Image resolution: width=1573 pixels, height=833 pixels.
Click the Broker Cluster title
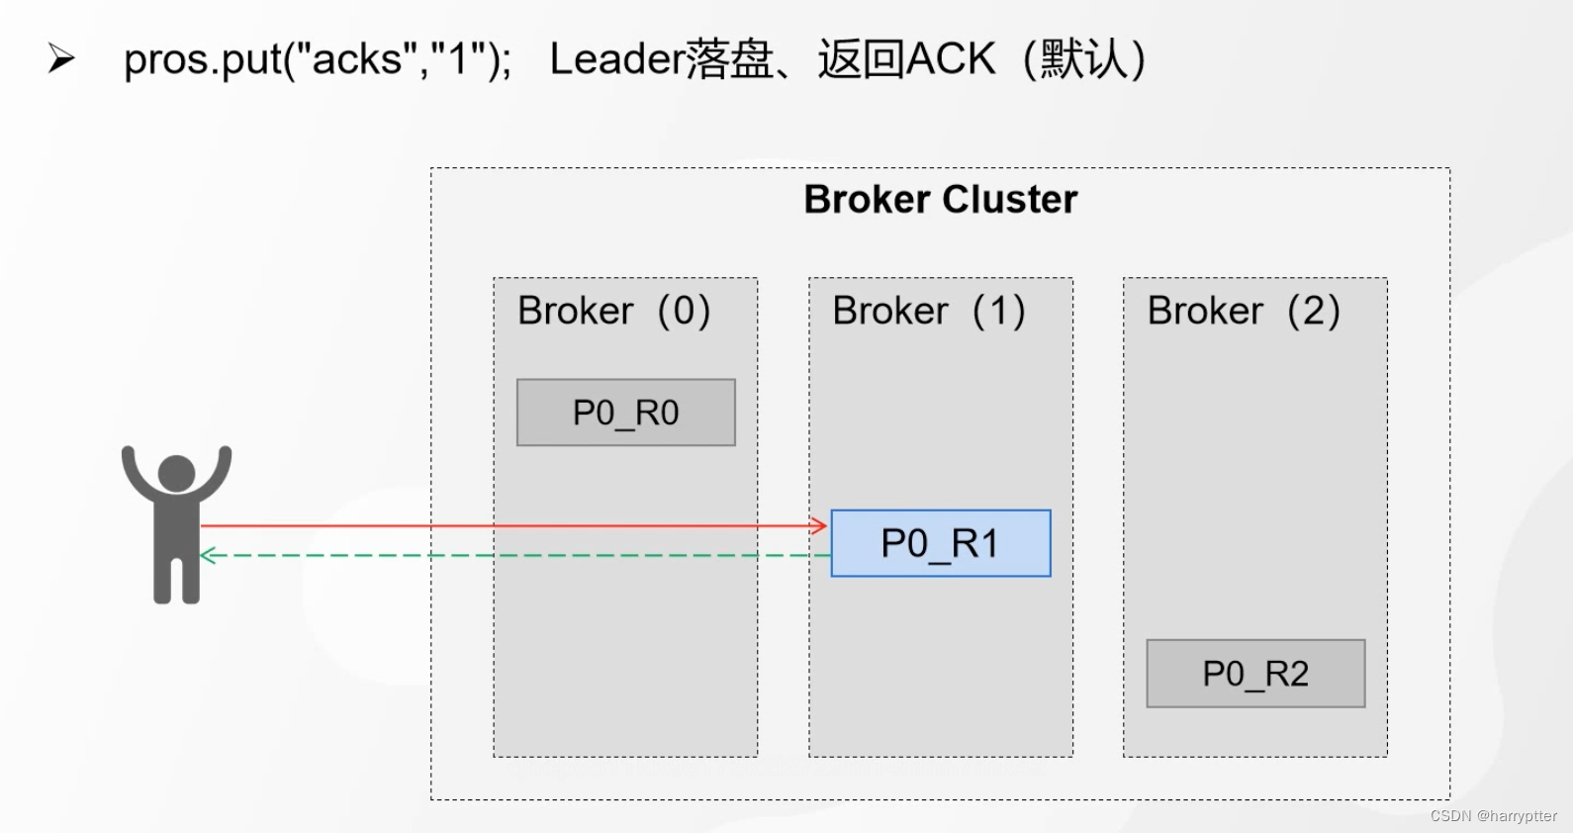tap(940, 200)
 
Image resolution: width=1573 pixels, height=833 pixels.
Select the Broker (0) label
tap(614, 311)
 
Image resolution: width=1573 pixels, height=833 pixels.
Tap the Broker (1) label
tap(929, 311)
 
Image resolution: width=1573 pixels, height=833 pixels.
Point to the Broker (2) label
tap(1244, 311)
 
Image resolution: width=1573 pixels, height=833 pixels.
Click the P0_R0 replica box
tap(625, 413)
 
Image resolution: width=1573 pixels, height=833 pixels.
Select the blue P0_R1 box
tap(941, 544)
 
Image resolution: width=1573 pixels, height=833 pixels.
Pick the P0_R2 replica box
tap(1255, 674)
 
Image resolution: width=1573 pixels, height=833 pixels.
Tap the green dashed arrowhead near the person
tap(207, 556)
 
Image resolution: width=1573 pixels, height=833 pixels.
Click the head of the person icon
tap(176, 473)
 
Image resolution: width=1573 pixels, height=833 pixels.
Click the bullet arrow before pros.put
tap(61, 58)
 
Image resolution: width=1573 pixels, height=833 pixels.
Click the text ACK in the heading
tap(950, 58)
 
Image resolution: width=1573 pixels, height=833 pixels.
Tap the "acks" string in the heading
tap(356, 58)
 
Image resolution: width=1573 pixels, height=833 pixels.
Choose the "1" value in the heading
tap(459, 58)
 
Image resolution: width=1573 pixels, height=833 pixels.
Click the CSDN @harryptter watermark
tap(1494, 815)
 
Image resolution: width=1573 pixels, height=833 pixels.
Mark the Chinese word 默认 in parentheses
tap(1083, 58)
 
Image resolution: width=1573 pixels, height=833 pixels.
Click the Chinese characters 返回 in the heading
tap(861, 58)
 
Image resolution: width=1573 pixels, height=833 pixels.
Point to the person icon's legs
tap(176, 580)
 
